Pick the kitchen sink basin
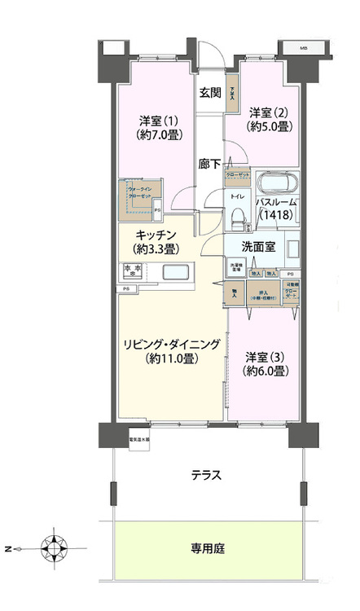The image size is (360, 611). [177, 272]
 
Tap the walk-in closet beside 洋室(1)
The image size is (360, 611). [143, 200]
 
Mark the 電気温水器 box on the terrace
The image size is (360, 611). [138, 441]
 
